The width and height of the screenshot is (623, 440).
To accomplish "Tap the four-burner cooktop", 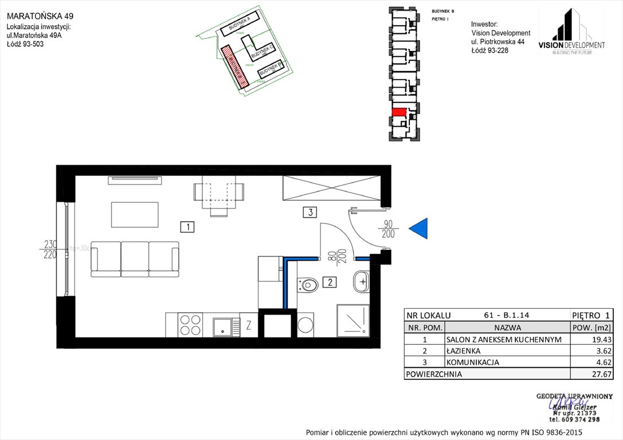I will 190,325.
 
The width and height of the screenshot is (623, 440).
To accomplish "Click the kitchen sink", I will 223,327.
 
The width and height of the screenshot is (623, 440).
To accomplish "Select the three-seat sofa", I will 135,259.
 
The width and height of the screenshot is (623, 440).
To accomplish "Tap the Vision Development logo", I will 571,33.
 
